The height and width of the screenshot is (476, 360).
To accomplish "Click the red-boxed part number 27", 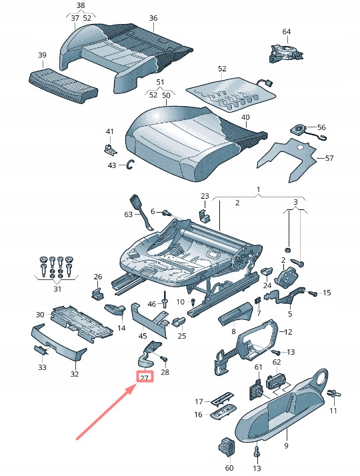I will click(x=144, y=377).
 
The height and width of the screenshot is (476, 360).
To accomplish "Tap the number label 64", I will click(x=286, y=31).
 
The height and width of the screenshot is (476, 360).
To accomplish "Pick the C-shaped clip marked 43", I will click(x=130, y=165).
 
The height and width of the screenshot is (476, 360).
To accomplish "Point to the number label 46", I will click(x=151, y=303).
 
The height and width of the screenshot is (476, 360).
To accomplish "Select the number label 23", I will click(x=205, y=195).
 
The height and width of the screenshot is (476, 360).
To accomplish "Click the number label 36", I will click(x=153, y=18).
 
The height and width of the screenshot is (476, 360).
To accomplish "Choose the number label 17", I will click(x=199, y=401).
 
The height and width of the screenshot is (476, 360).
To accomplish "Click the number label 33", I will click(x=43, y=367).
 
